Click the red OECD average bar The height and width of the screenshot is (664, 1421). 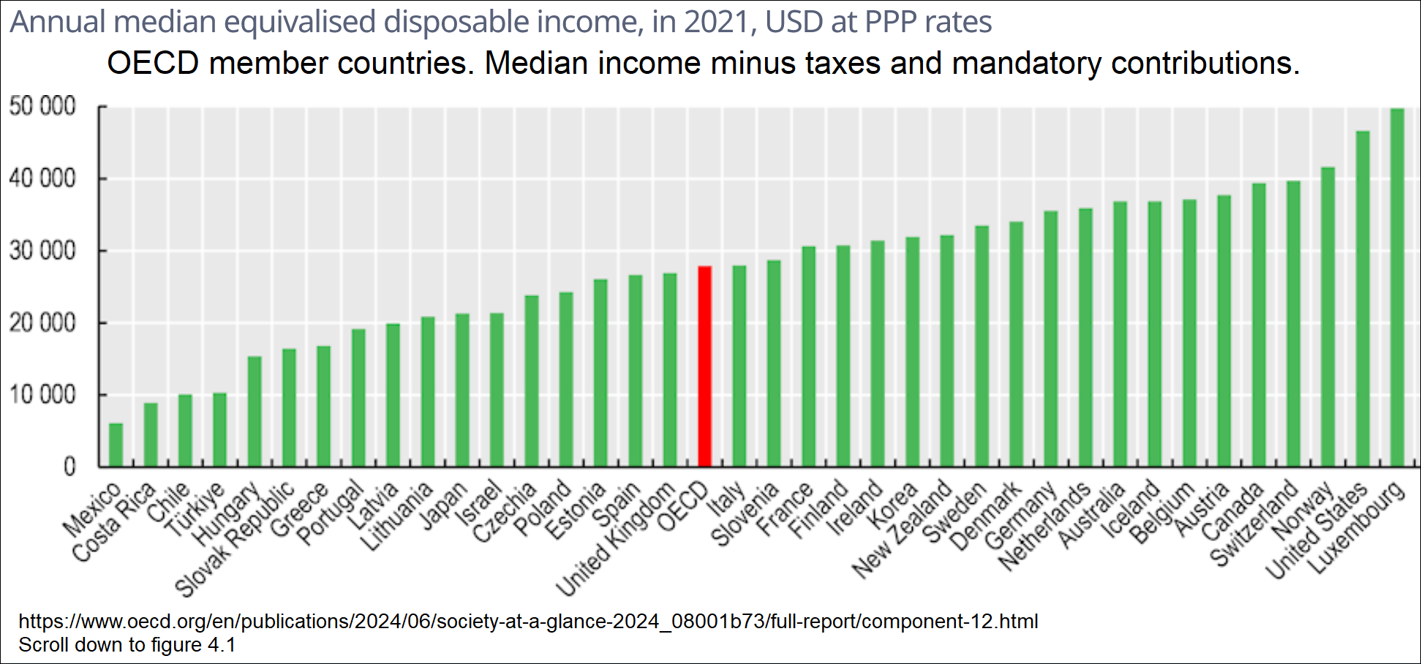(x=704, y=366)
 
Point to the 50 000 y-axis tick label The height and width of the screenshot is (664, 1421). (x=42, y=107)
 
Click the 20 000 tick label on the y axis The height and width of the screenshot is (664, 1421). (x=42, y=323)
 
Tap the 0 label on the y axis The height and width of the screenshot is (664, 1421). (x=69, y=467)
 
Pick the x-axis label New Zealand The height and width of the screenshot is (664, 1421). (x=902, y=529)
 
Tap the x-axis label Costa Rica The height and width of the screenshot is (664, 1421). (x=113, y=521)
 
